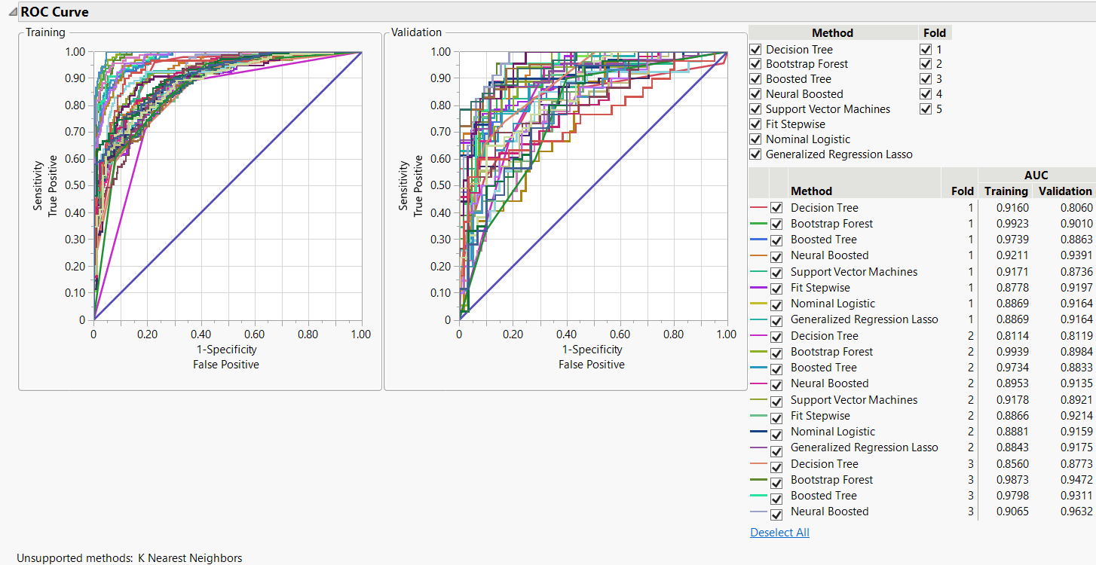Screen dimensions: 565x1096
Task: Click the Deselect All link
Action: coord(779,533)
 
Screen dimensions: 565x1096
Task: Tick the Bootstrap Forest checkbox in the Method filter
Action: coord(756,64)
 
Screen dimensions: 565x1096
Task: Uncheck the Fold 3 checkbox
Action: coord(926,79)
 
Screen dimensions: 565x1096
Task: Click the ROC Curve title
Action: coord(54,12)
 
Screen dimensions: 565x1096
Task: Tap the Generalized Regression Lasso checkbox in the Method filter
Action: coord(756,154)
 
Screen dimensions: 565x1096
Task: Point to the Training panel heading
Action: coord(45,32)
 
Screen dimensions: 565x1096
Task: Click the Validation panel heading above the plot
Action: coord(417,32)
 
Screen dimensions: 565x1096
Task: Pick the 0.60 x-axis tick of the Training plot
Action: coord(254,334)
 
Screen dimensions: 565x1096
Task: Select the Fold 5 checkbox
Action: coord(926,109)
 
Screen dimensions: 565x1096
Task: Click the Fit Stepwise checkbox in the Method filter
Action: coord(756,124)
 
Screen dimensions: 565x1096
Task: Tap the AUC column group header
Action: coord(1036,176)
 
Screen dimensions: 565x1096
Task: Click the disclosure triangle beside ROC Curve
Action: coord(13,12)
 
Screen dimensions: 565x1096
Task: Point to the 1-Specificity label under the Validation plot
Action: coord(592,350)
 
